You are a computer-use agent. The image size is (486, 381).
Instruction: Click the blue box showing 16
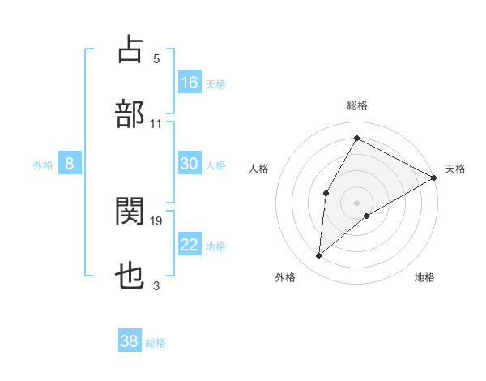click(190, 83)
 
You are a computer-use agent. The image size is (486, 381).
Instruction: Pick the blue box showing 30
click(190, 164)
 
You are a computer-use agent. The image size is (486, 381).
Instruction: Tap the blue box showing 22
click(190, 246)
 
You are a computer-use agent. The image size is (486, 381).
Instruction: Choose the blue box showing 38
click(130, 342)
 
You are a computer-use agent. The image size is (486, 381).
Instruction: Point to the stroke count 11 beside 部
click(156, 123)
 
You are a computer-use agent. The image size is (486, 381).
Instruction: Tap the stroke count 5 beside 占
click(156, 58)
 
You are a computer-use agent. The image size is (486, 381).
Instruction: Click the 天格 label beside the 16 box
click(215, 83)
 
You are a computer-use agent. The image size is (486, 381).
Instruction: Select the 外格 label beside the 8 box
click(43, 165)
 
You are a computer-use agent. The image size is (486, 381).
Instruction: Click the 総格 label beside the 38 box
click(156, 343)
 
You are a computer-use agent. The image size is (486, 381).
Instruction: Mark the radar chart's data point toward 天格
click(434, 178)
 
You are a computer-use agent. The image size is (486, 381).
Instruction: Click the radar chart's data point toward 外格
click(319, 256)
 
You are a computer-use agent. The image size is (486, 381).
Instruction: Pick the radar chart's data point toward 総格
click(356, 139)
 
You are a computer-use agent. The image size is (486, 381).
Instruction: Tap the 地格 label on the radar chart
click(424, 277)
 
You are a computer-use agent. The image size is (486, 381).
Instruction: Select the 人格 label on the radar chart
click(259, 169)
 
